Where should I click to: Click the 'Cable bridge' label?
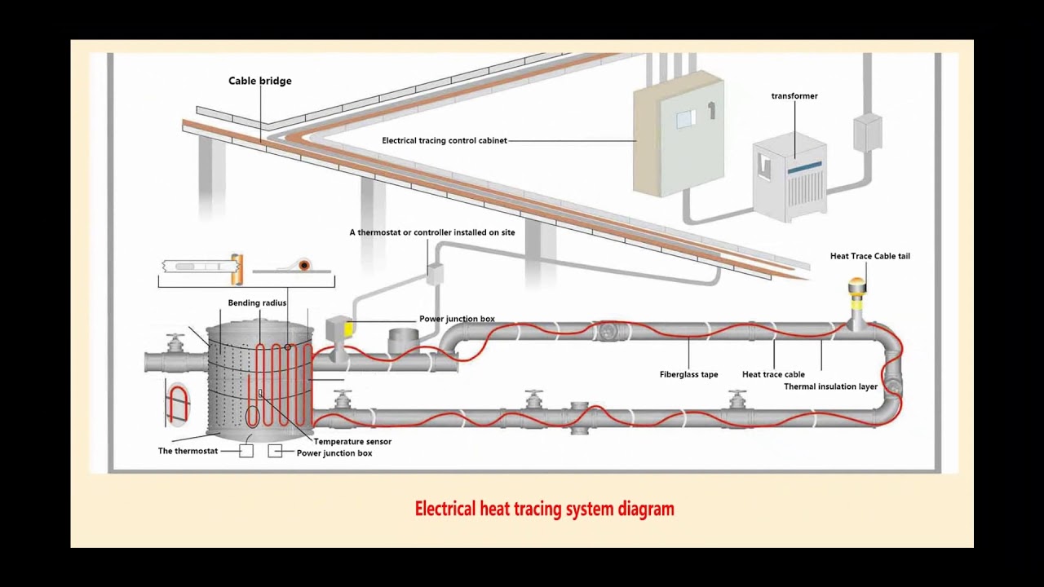[x=259, y=81]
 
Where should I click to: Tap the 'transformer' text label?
[x=794, y=96]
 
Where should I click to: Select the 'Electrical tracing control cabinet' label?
[x=445, y=141]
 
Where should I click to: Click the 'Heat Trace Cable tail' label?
[x=869, y=256]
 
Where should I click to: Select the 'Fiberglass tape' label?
[x=688, y=375]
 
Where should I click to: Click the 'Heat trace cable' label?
[x=773, y=375]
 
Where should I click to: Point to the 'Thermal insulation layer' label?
[x=830, y=386]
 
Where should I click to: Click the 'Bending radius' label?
[x=257, y=303]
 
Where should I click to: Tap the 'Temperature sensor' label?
[x=352, y=442]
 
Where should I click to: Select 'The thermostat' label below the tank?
[x=188, y=451]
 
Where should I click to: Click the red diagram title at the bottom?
[x=544, y=510]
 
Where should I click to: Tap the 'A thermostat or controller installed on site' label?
[x=432, y=232]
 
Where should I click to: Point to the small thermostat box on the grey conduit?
[x=435, y=274]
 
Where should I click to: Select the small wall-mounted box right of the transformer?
[x=867, y=132]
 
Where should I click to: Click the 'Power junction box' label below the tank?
[x=334, y=453]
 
